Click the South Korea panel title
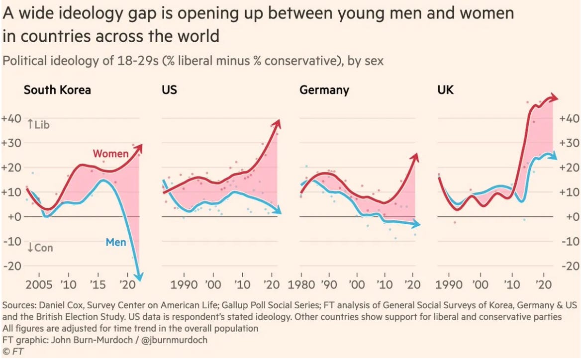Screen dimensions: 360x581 [x=57, y=90]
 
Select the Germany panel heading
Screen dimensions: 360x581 [x=324, y=90]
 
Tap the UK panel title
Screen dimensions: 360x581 [x=445, y=90]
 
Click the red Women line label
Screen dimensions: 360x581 [x=110, y=154]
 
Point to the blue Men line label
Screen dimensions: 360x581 [x=116, y=243]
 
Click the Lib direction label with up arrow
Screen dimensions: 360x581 [x=38, y=125]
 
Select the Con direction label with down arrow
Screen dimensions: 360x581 [x=40, y=248]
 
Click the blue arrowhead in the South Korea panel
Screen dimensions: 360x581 [x=141, y=279]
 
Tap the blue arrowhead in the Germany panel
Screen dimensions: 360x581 [x=416, y=225]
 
